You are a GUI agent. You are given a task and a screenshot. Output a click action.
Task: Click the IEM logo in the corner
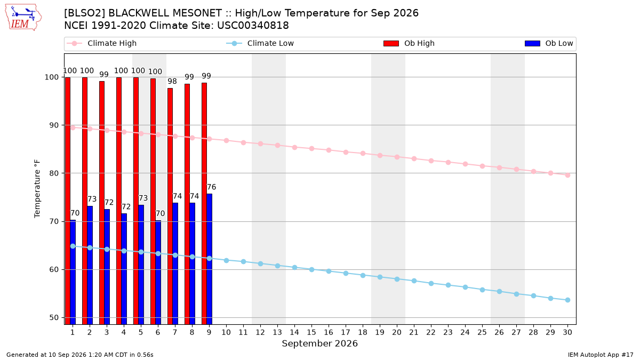(x=23, y=18)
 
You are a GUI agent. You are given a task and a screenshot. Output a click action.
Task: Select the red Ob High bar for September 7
(x=170, y=206)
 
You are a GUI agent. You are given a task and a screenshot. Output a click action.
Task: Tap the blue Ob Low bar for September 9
(x=210, y=259)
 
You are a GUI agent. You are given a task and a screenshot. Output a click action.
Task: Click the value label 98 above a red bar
(x=172, y=81)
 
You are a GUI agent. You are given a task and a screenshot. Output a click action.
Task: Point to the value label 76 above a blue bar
(x=211, y=187)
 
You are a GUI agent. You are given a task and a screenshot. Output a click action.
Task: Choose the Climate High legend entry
(x=102, y=43)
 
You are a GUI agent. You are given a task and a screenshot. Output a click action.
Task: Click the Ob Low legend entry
(x=549, y=43)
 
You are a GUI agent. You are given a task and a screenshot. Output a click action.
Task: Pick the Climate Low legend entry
(x=260, y=43)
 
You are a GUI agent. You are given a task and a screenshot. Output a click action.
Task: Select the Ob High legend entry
(x=409, y=43)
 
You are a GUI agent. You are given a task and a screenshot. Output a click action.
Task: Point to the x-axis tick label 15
(x=311, y=332)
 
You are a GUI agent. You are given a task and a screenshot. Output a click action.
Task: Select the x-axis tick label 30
(x=567, y=332)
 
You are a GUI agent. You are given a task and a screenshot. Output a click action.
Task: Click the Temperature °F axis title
(x=37, y=189)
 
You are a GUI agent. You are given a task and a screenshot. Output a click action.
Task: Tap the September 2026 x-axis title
(x=319, y=343)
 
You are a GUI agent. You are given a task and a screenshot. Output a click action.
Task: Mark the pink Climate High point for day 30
(x=567, y=175)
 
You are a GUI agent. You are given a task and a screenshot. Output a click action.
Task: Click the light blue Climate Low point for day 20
(x=397, y=279)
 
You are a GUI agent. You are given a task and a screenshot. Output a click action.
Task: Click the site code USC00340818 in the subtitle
(x=253, y=26)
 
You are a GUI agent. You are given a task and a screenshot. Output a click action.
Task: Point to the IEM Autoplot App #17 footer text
(x=601, y=355)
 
